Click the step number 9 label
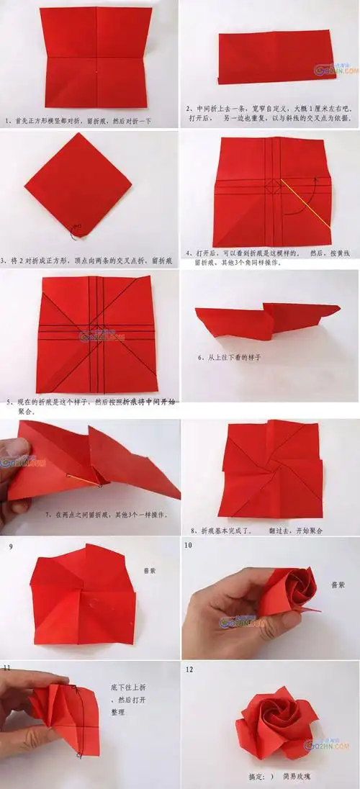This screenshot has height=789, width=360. (x=11, y=546)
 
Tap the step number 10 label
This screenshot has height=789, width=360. (x=189, y=546)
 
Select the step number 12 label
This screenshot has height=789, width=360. (x=189, y=670)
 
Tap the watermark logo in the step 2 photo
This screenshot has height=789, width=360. (x=333, y=70)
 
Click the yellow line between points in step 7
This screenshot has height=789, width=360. (x=82, y=479)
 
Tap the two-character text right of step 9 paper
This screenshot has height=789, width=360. (x=150, y=568)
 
